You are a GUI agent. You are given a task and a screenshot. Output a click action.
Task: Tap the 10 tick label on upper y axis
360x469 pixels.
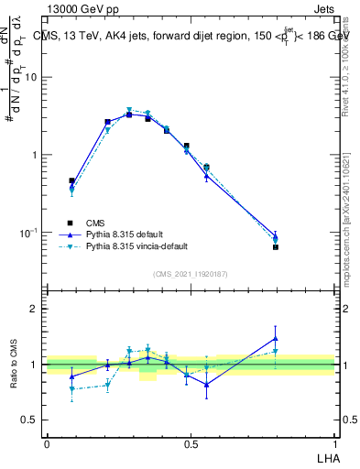[x=31, y=77]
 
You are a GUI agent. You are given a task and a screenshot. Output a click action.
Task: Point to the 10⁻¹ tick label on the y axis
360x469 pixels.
[x=29, y=234]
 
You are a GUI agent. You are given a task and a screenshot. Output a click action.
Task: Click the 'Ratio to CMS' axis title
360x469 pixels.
[x=15, y=365]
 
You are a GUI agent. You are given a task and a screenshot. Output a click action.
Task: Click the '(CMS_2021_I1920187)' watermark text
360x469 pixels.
[x=191, y=274]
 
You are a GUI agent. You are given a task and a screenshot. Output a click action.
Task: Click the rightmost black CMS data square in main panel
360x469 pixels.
[x=276, y=247]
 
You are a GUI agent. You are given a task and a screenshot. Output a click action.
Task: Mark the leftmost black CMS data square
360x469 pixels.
[x=71, y=181]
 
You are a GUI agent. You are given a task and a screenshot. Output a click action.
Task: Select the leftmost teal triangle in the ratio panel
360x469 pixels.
[x=71, y=389]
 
